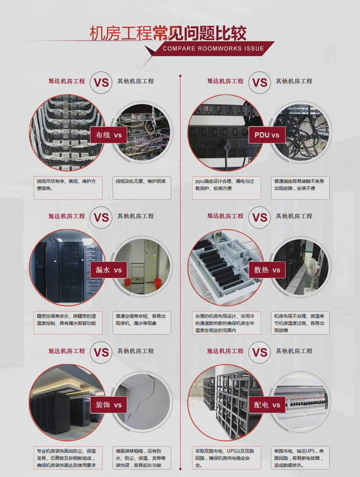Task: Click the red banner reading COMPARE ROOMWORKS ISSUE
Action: [213, 48]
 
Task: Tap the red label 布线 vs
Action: [108, 135]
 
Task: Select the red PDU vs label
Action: [266, 135]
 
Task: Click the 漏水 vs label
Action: [108, 270]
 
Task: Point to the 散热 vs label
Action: [266, 270]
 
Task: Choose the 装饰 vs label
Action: [108, 404]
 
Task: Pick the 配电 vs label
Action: [266, 404]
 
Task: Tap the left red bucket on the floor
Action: [128, 282]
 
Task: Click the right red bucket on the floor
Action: [158, 283]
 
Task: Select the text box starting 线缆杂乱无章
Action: [142, 188]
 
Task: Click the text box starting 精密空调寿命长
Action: [68, 323]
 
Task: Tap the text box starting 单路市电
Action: [300, 458]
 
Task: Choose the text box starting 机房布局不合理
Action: [300, 323]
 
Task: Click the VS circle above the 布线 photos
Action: [101, 82]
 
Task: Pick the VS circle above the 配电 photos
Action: [260, 352]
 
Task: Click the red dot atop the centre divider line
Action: [181, 76]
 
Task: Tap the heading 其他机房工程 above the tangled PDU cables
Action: [294, 81]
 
